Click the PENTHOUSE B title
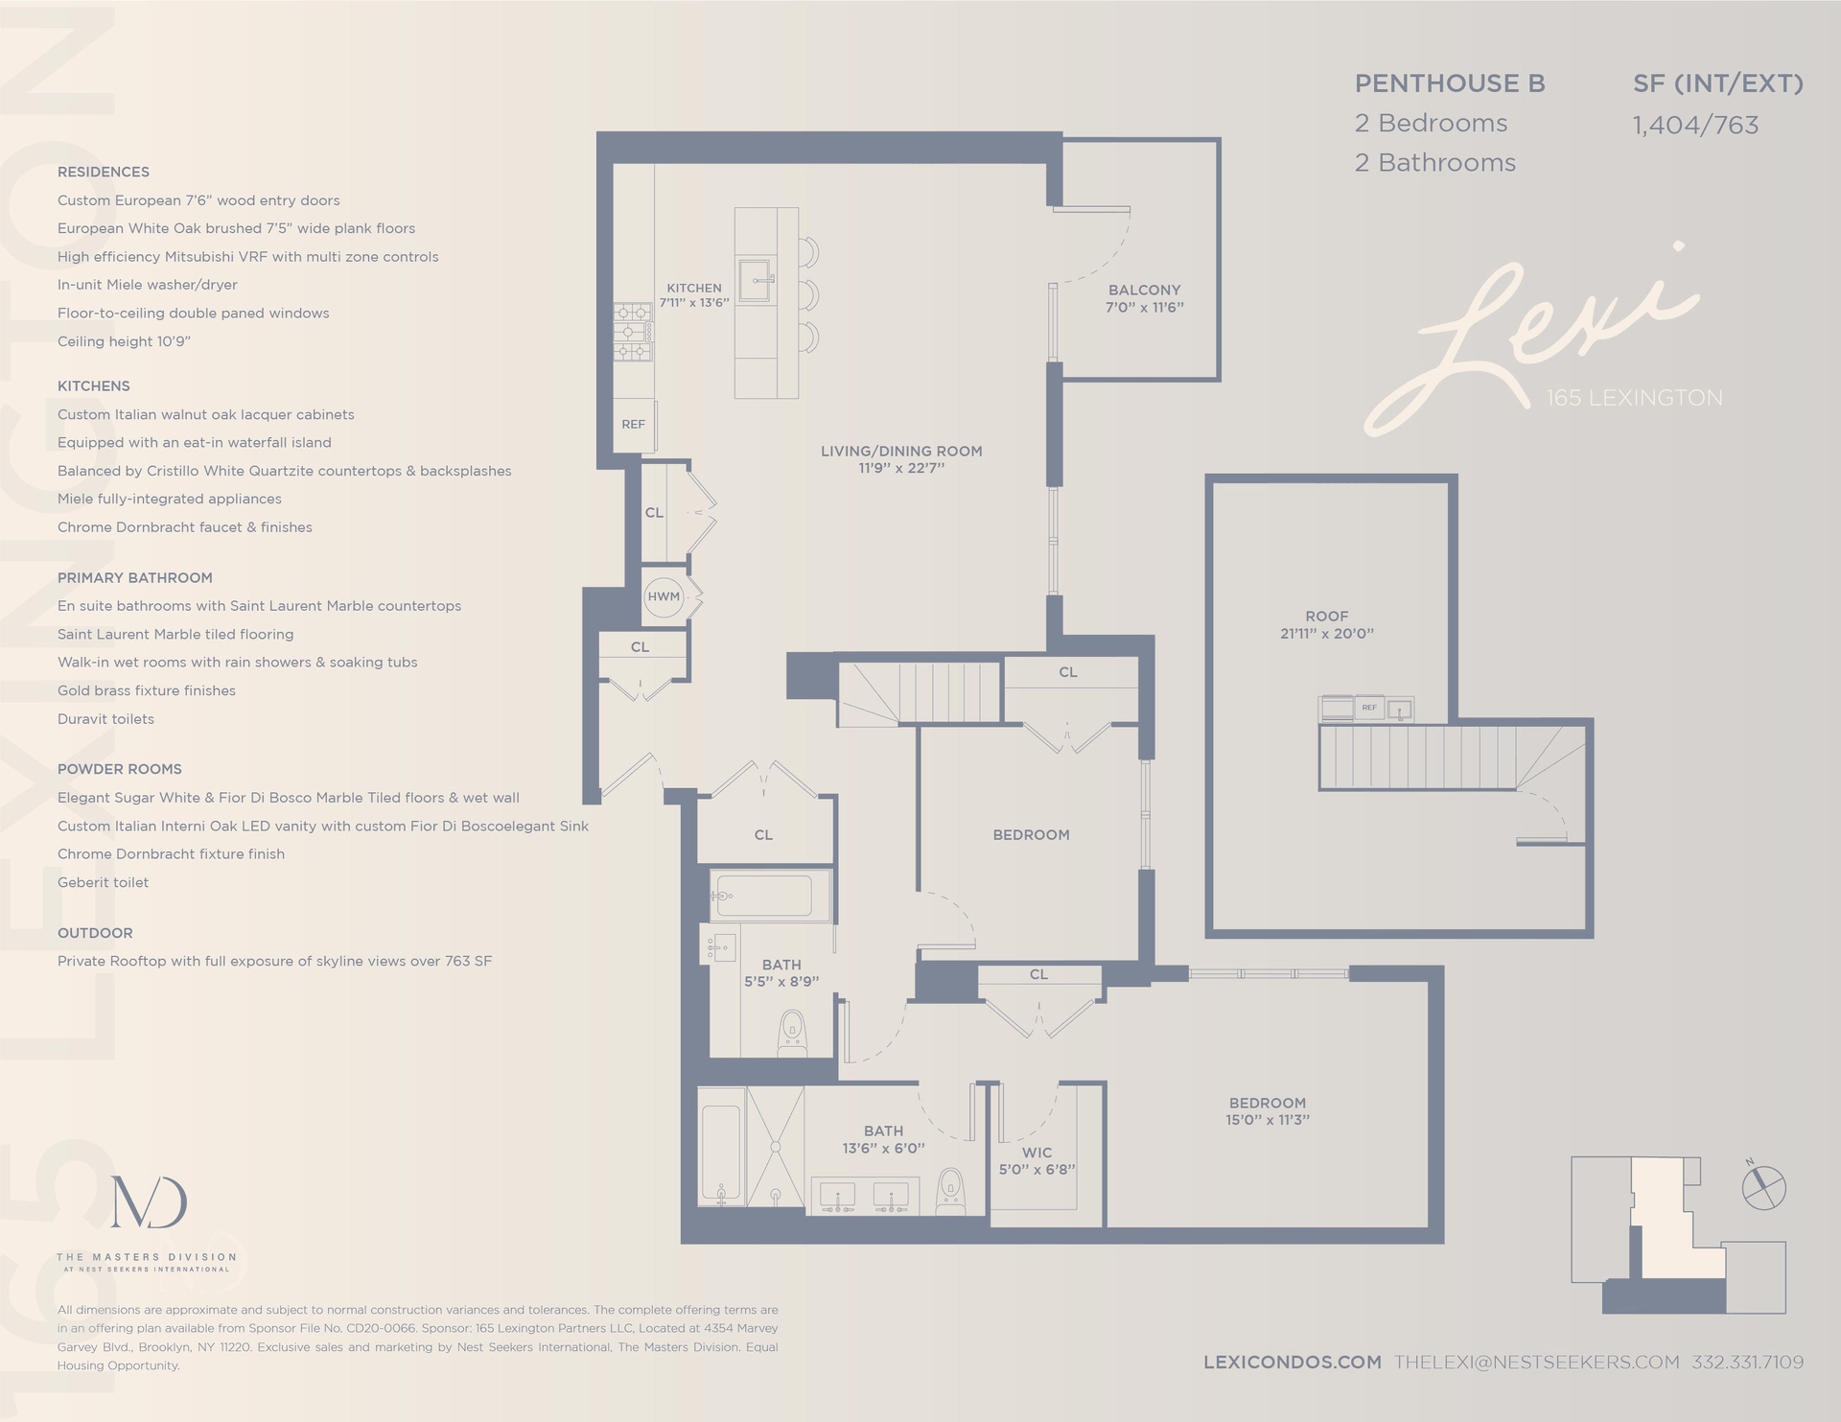pyautogui.click(x=1449, y=84)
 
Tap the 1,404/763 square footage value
pyautogui.click(x=1695, y=126)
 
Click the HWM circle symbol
pyautogui.click(x=664, y=596)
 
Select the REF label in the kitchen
pyautogui.click(x=633, y=424)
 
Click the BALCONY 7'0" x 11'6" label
pyautogui.click(x=1144, y=298)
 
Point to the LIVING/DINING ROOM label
pyautogui.click(x=901, y=459)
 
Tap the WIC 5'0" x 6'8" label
pyautogui.click(x=1037, y=1160)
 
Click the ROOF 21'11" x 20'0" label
pyautogui.click(x=1326, y=624)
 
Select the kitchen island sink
pyautogui.click(x=755, y=280)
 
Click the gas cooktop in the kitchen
pyautogui.click(x=633, y=332)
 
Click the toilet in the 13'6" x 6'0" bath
pyautogui.click(x=949, y=1190)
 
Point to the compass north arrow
pyautogui.click(x=1763, y=1187)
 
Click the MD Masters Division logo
pyautogui.click(x=149, y=1202)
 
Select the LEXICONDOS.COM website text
pyautogui.click(x=1292, y=1362)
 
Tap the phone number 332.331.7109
pyautogui.click(x=1747, y=1362)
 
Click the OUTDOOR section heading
pyautogui.click(x=95, y=933)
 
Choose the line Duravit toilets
pyautogui.click(x=105, y=719)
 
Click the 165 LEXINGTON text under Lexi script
pyautogui.click(x=1634, y=398)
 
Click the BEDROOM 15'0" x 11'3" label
pyautogui.click(x=1267, y=1111)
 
